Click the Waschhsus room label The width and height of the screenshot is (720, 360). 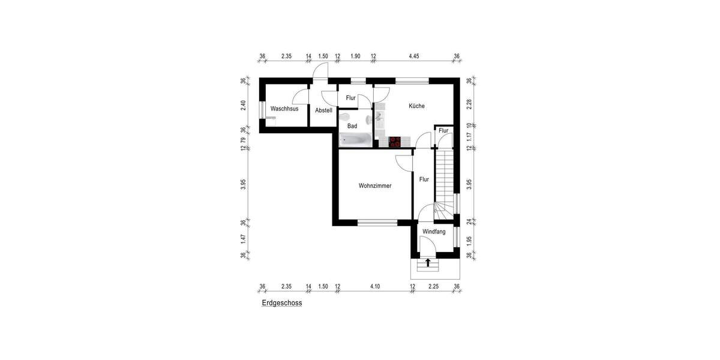[284, 109]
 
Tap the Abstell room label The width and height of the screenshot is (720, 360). [323, 110]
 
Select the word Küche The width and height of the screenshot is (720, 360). [416, 106]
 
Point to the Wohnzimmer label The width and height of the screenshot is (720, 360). [375, 186]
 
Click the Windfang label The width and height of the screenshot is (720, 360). [434, 232]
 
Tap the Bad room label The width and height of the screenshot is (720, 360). [352, 126]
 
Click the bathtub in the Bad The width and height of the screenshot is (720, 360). [356, 140]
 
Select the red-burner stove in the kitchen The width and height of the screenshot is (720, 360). [395, 142]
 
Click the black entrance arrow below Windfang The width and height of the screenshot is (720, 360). [428, 262]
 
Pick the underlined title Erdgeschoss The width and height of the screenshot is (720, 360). [281, 304]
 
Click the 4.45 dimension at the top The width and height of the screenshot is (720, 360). [414, 56]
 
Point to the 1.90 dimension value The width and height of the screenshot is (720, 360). [355, 56]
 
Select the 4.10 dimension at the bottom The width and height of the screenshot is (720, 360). [375, 287]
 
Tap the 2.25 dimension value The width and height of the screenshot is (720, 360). [433, 287]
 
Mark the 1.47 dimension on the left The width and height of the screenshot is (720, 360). [244, 238]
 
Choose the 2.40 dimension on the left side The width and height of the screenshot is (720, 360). [244, 104]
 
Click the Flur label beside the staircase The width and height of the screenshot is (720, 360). [424, 179]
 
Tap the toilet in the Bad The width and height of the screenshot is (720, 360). [346, 117]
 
